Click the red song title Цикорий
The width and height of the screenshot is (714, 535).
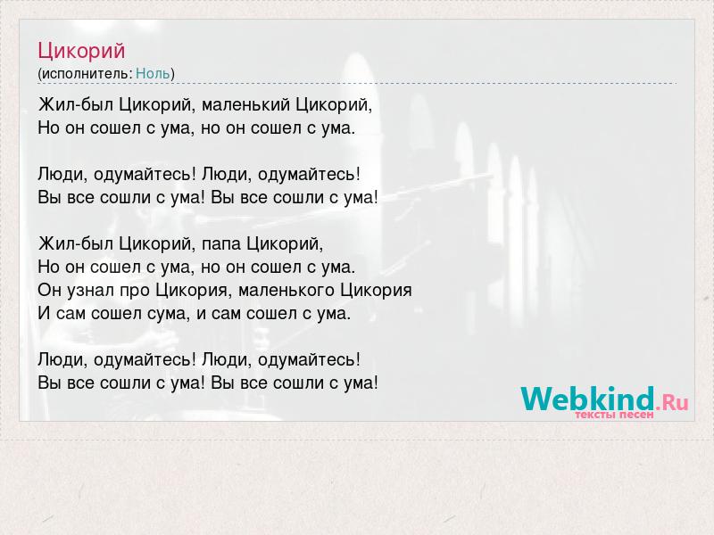point(81,51)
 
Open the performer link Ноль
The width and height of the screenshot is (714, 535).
point(153,73)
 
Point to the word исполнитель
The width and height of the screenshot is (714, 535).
point(87,74)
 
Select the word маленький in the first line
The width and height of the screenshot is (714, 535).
point(246,104)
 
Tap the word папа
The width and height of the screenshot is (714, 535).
point(221,244)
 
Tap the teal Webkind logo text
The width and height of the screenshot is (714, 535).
point(587,399)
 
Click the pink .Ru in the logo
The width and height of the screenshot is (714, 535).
point(672,402)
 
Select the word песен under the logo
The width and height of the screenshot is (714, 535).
point(637,415)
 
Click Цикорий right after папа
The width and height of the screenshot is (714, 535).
point(285,243)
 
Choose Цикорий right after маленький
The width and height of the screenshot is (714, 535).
point(334,104)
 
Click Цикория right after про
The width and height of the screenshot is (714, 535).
point(191,291)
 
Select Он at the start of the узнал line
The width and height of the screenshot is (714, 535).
point(49,291)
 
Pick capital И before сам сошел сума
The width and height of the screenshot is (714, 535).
point(44,314)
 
